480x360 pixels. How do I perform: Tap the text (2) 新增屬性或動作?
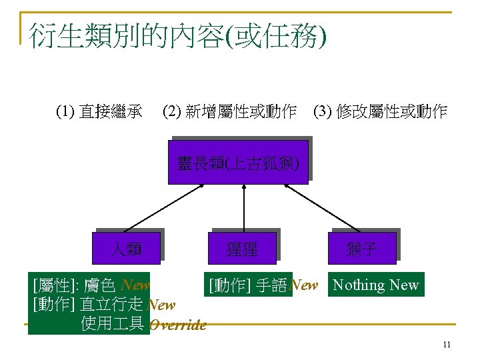(230, 112)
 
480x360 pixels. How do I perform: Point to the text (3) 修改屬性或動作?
(380, 112)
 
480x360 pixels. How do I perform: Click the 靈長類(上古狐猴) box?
(238, 162)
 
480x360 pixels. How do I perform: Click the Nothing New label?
(376, 285)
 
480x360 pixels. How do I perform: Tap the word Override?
(178, 325)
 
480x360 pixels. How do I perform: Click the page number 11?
(447, 345)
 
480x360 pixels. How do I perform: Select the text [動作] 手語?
(248, 285)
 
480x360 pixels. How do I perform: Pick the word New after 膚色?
(136, 285)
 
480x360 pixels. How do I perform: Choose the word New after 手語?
(305, 285)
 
